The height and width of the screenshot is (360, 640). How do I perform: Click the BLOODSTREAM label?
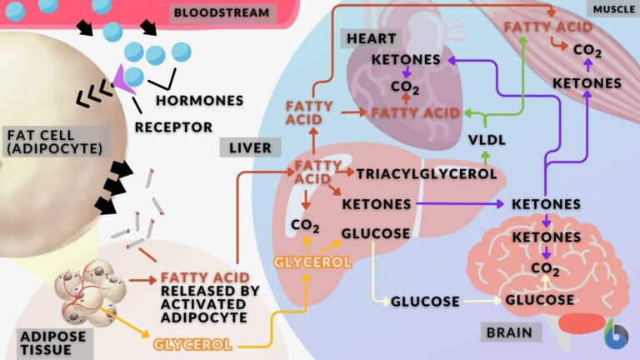(221, 12)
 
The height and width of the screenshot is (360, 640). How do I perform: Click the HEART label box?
(371, 38)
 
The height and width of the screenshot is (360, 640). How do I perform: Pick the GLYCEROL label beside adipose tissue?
(192, 343)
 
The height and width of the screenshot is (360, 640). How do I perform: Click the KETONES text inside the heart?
(405, 60)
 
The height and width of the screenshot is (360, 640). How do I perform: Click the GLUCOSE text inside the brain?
(540, 300)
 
